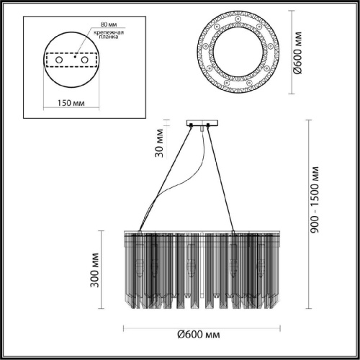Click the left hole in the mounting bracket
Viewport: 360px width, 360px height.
pyautogui.click(x=58, y=63)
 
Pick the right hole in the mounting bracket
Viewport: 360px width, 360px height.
pyautogui.click(x=84, y=63)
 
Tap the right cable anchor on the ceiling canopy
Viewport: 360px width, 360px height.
pyautogui.click(x=209, y=127)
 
